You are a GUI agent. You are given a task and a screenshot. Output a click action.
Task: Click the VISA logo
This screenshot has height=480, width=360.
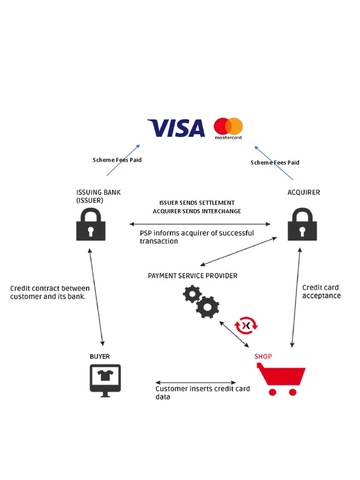click(x=176, y=128)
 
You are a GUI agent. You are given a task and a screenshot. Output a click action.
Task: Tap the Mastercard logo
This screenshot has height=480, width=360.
click(x=228, y=128)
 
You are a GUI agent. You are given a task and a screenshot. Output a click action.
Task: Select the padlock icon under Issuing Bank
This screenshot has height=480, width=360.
click(x=91, y=224)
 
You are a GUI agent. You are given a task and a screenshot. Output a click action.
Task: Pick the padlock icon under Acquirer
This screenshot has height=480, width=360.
click(x=302, y=224)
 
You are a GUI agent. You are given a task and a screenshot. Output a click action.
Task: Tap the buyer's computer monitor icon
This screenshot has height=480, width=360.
click(x=105, y=380)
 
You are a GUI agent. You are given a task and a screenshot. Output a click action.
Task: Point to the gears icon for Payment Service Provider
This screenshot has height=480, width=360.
click(x=201, y=301)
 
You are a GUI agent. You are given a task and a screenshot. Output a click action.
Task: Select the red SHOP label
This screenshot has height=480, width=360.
click(x=263, y=356)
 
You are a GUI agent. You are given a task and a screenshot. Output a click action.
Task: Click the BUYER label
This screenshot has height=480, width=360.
click(x=100, y=356)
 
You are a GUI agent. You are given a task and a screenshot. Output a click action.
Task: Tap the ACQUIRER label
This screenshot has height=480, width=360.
click(x=304, y=192)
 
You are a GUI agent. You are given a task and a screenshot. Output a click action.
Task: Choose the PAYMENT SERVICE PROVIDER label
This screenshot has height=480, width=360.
click(x=193, y=276)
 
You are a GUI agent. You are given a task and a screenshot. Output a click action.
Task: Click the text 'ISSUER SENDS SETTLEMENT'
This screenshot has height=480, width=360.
click(x=197, y=202)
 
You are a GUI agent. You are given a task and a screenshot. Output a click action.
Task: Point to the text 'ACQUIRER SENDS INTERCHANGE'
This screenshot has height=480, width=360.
click(x=197, y=211)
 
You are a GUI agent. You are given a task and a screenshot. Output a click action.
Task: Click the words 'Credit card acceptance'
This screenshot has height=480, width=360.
click(x=321, y=292)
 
